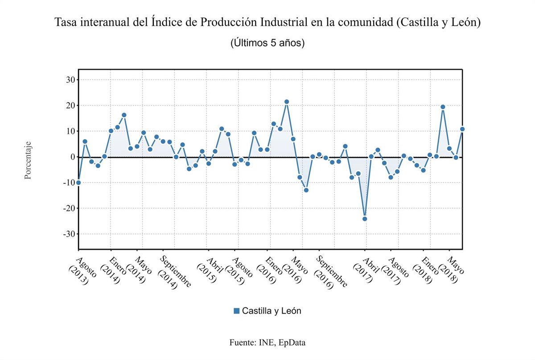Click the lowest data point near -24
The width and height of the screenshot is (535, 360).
pos(365,219)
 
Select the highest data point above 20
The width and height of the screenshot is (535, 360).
pos(287,102)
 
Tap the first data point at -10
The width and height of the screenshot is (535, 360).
pos(78,183)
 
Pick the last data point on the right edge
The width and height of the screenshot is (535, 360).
pos(462,129)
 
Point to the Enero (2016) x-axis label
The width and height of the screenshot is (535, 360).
pos(270,270)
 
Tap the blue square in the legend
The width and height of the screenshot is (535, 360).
pos(237,311)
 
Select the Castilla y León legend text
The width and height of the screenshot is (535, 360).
pos(272,311)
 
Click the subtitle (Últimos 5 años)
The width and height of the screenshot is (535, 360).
pos(267,43)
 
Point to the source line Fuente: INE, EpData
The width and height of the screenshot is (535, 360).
pos(267,343)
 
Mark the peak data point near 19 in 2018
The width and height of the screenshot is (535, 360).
pos(443,107)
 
